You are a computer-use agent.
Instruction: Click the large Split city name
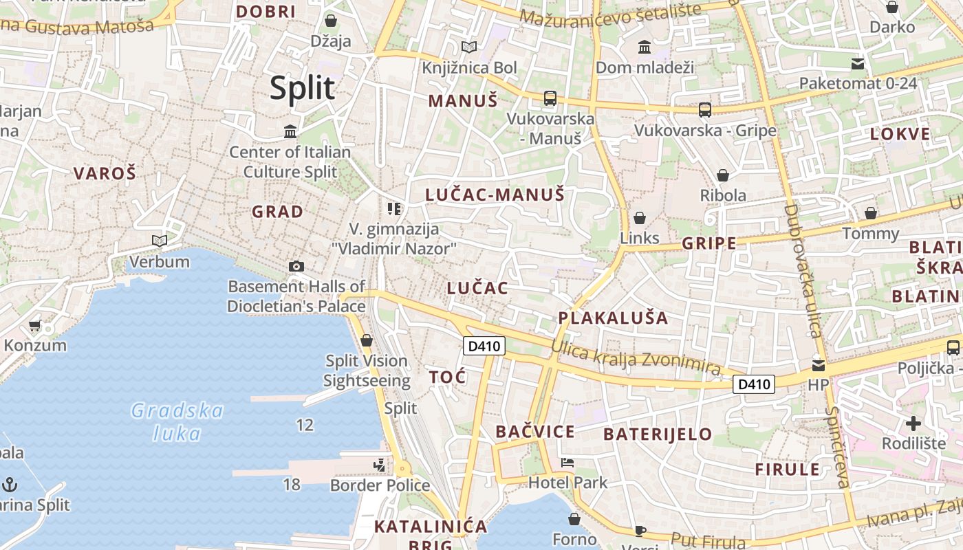302,89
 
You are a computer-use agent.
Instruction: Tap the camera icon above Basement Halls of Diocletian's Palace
296,266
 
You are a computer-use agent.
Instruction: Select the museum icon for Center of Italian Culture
290,131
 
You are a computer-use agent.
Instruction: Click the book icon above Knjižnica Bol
469,47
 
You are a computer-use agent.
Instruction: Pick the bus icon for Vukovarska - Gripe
705,109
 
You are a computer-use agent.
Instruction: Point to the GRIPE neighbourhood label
708,243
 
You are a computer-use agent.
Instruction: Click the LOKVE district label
900,134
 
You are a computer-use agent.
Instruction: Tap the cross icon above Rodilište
913,423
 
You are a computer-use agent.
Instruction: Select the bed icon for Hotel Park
567,463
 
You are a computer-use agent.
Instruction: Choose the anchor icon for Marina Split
10,485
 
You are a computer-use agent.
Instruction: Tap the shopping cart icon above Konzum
35,325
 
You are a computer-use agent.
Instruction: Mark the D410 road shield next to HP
754,384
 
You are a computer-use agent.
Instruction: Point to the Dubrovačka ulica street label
802,270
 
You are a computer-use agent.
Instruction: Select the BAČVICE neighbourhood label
535,432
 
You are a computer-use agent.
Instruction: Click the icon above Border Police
379,465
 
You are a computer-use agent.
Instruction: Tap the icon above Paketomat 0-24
858,64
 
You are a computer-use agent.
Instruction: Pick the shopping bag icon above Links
640,218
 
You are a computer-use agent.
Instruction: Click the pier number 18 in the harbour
292,485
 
